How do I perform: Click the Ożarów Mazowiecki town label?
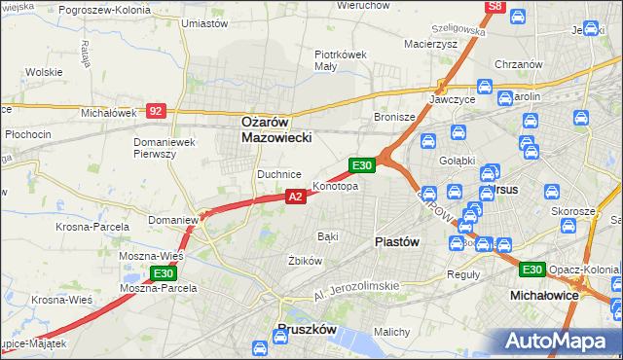click(x=276, y=130)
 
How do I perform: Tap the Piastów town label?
click(x=397, y=242)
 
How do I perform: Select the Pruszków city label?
click(x=307, y=330)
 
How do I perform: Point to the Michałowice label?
click(x=544, y=293)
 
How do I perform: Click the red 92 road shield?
click(x=156, y=111)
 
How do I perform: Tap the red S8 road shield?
click(x=495, y=7)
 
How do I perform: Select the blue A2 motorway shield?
click(x=297, y=197)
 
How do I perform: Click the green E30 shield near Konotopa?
click(x=362, y=166)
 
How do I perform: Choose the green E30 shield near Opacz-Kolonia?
click(x=531, y=270)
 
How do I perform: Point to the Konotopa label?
click(x=336, y=186)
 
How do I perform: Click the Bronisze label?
click(x=395, y=117)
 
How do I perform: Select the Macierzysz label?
click(x=430, y=44)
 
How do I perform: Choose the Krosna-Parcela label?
click(x=92, y=227)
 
